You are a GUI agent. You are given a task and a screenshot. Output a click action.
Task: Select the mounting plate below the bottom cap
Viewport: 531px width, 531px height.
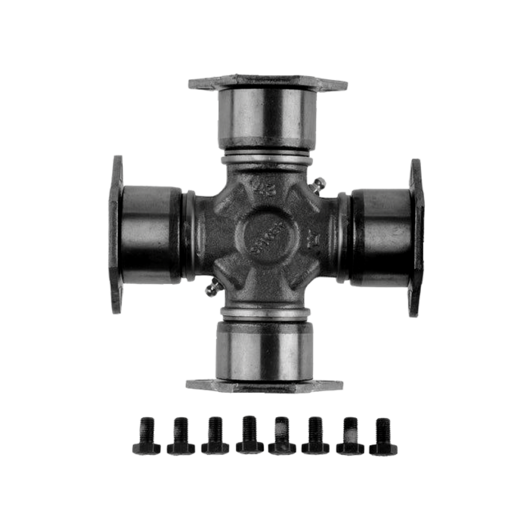click(265, 385)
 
